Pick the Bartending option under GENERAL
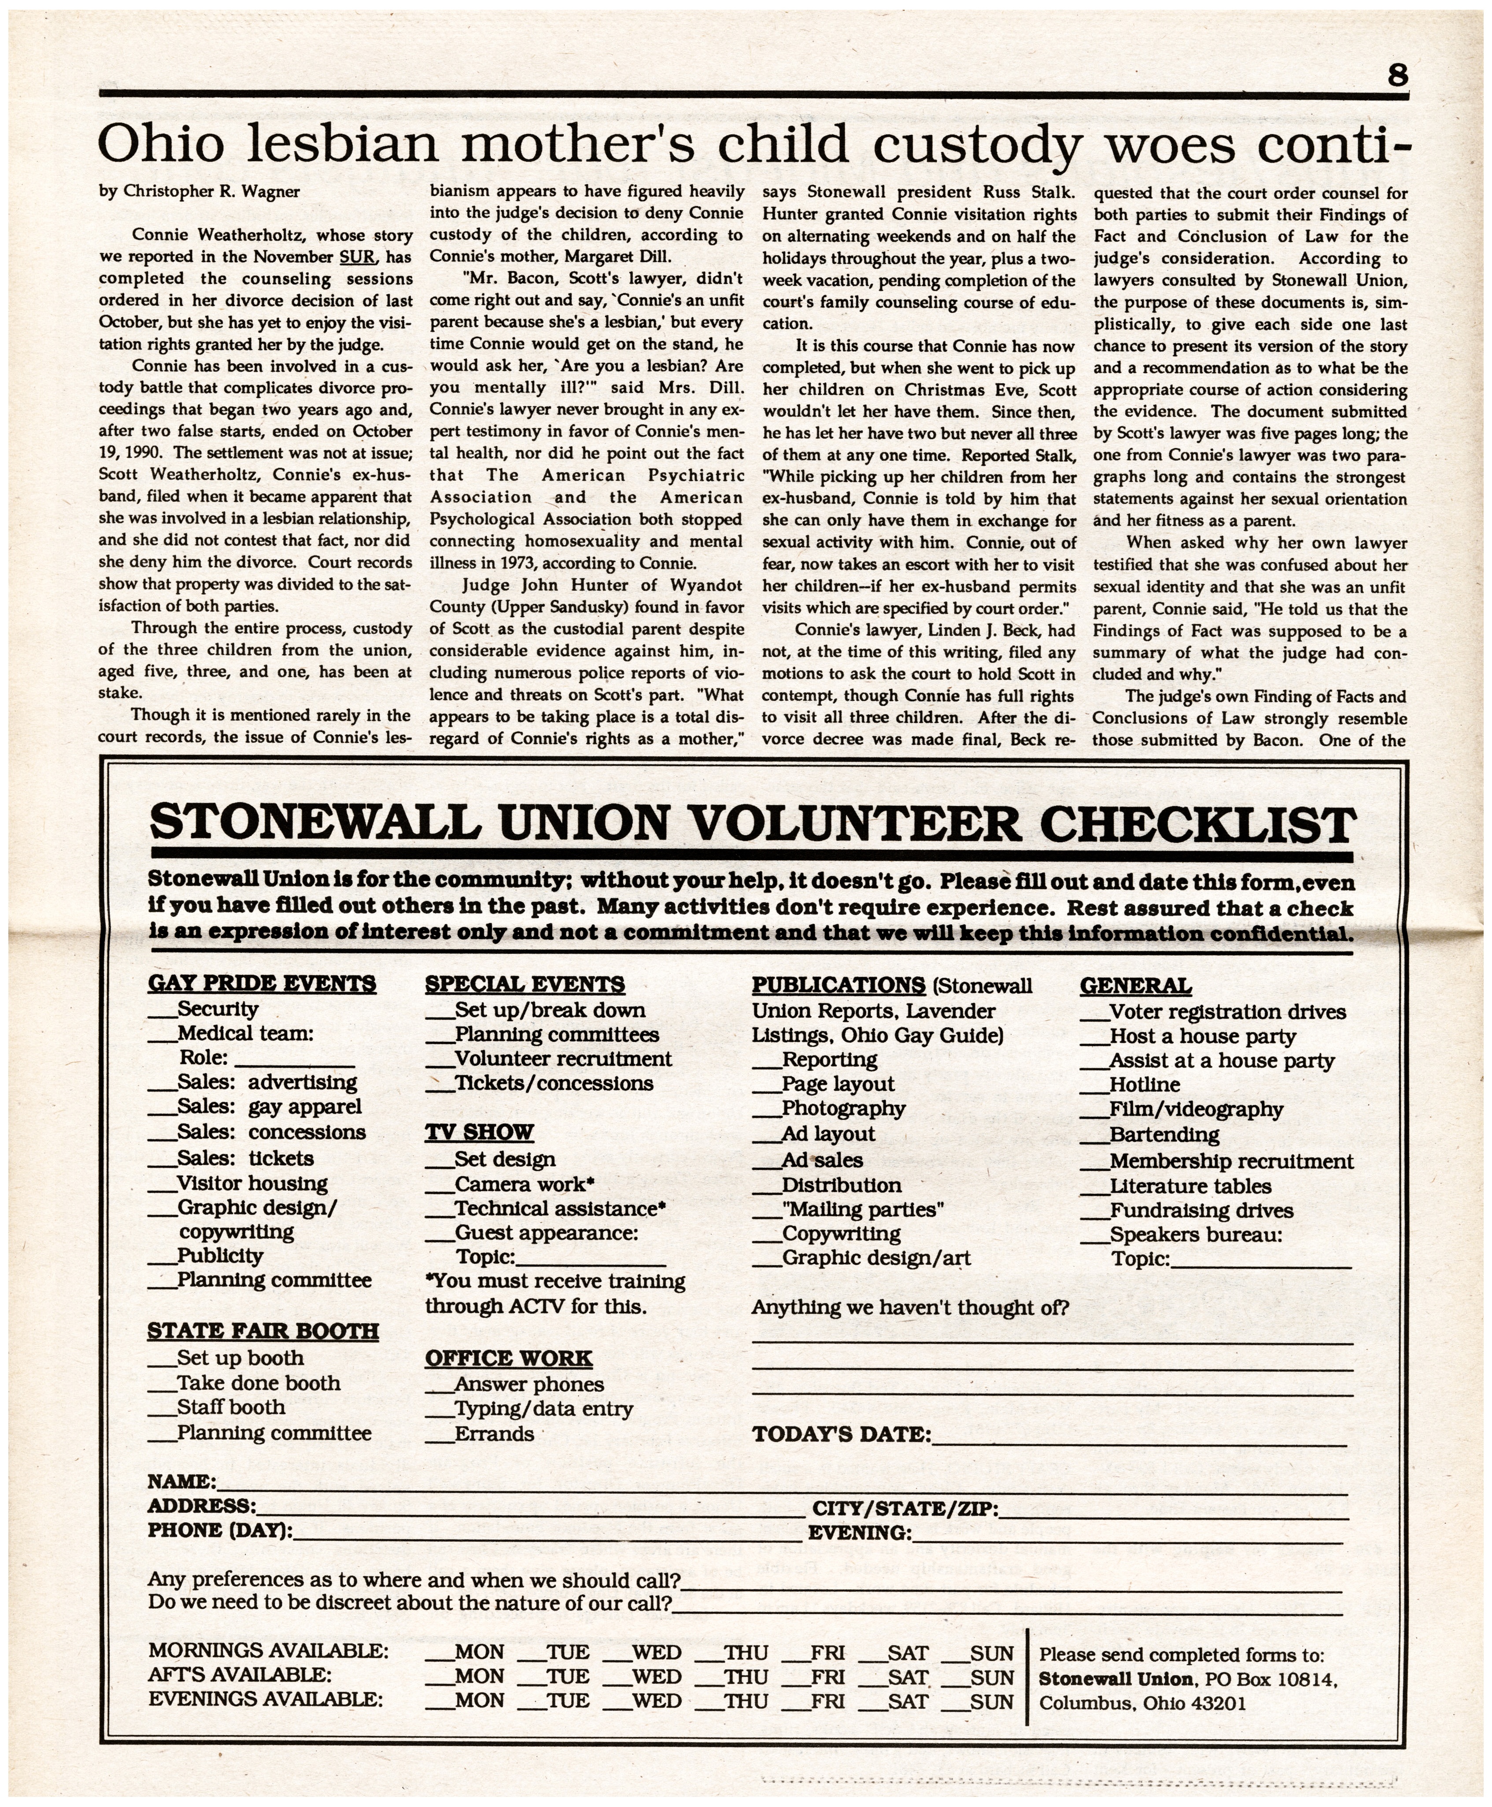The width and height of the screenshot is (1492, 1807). pos(1163,1135)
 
